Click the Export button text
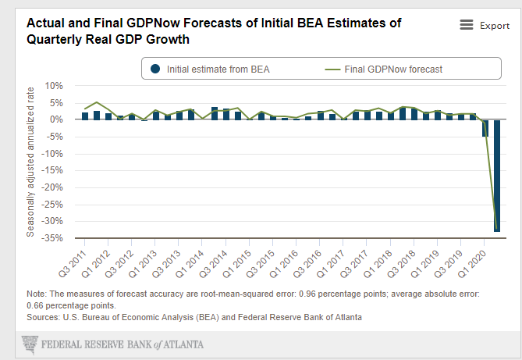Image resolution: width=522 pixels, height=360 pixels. (x=495, y=26)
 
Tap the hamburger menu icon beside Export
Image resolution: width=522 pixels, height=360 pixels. (x=467, y=26)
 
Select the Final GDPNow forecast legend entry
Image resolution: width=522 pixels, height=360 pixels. (x=384, y=70)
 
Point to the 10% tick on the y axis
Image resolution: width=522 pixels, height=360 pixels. (x=54, y=85)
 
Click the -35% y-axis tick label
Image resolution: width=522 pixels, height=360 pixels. (x=52, y=238)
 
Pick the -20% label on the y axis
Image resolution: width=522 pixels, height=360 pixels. (x=52, y=187)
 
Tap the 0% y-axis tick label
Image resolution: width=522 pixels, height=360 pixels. (x=57, y=119)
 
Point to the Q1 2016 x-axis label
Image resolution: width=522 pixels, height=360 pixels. (x=289, y=262)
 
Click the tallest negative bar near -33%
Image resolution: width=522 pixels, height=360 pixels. (x=496, y=176)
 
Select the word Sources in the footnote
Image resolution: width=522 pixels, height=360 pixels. (x=44, y=317)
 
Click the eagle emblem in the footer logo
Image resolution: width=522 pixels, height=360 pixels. (x=30, y=344)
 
